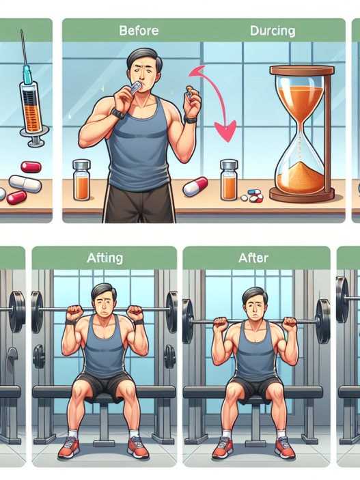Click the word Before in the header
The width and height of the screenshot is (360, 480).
pos(139,31)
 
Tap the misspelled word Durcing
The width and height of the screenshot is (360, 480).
pos(273,31)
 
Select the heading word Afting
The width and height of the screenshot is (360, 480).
pos(105,258)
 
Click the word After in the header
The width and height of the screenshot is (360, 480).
pos(253,258)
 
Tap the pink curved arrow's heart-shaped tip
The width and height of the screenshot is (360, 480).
pos(227,131)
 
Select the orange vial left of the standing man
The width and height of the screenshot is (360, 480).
pos(81,180)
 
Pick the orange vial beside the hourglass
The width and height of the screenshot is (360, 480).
pos(229,180)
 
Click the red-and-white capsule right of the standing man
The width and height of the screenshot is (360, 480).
pos(195,186)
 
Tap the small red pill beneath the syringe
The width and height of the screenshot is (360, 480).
pos(31,167)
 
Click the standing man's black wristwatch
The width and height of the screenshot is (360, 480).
pos(117,113)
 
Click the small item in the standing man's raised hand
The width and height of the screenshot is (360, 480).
pos(189,92)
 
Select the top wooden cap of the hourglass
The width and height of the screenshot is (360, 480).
pos(302,70)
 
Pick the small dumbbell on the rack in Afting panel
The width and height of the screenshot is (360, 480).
pos(39,356)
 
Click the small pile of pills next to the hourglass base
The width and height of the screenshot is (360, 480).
pos(252,196)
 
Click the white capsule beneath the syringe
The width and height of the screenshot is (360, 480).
pos(25,184)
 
